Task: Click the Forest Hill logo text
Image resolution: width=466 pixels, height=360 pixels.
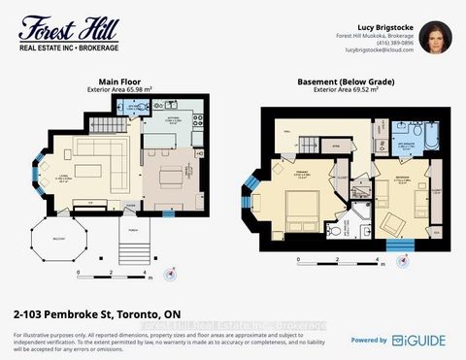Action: point(56,23)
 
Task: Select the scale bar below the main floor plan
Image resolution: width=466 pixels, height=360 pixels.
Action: point(112,271)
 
